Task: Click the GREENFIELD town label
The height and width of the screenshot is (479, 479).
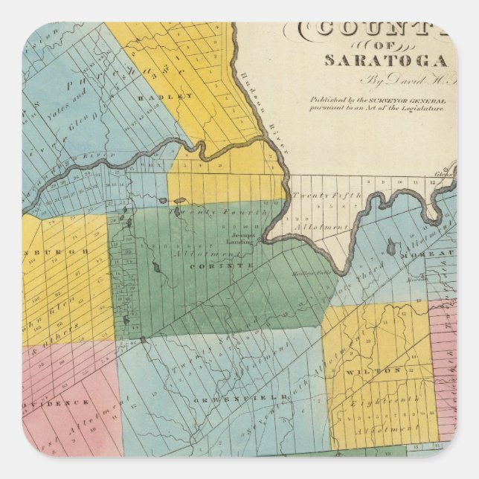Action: tap(252, 399)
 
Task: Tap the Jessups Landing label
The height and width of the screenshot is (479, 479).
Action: tap(237, 240)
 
